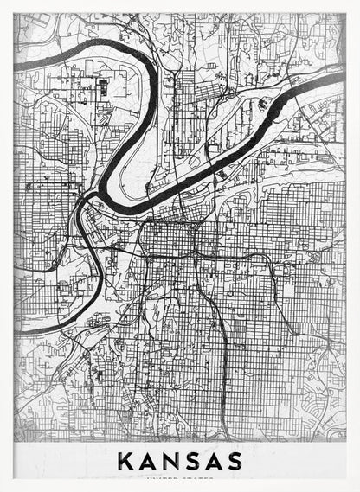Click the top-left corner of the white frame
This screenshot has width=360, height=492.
pyautogui.click(x=3, y=3)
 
